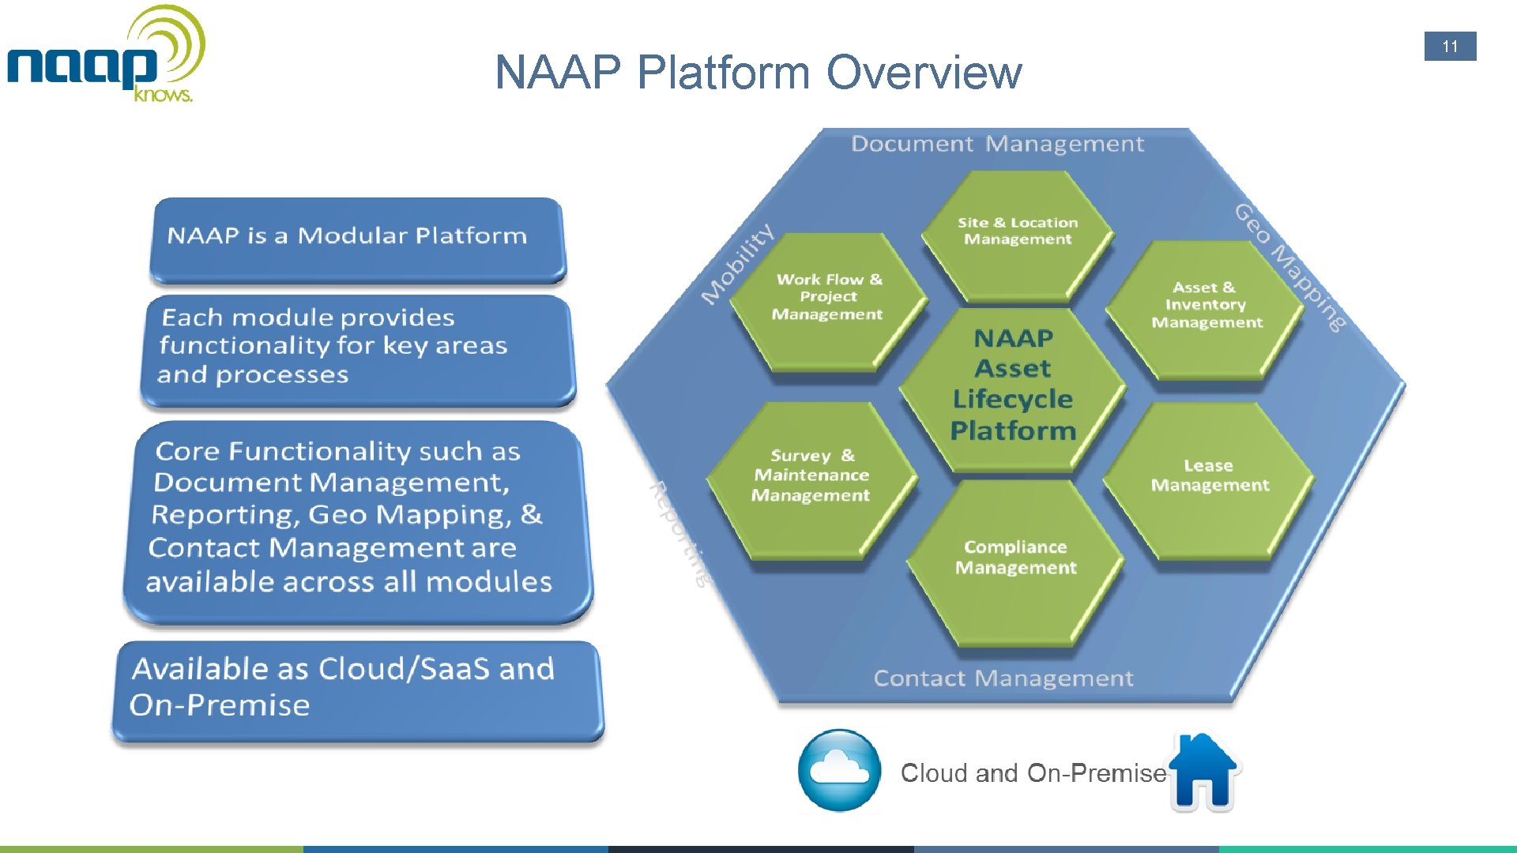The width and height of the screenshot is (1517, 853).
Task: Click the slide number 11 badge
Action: coord(1450,47)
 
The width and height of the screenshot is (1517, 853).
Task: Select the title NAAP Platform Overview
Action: coord(758,72)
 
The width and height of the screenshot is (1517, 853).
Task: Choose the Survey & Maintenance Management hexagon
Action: coord(811,480)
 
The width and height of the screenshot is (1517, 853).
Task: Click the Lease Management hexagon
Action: coord(1209,480)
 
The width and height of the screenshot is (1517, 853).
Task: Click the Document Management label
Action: coord(997,144)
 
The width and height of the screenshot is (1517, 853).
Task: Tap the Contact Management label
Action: coord(1003,678)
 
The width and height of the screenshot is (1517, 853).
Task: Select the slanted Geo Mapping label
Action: coord(1289,267)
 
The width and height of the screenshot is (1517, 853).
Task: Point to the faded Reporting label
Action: coord(679,533)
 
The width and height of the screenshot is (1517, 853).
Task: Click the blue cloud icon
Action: coord(839,770)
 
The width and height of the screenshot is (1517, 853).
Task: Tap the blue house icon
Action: coord(1203,772)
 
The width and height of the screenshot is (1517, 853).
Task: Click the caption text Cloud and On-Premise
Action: coord(1033,772)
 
